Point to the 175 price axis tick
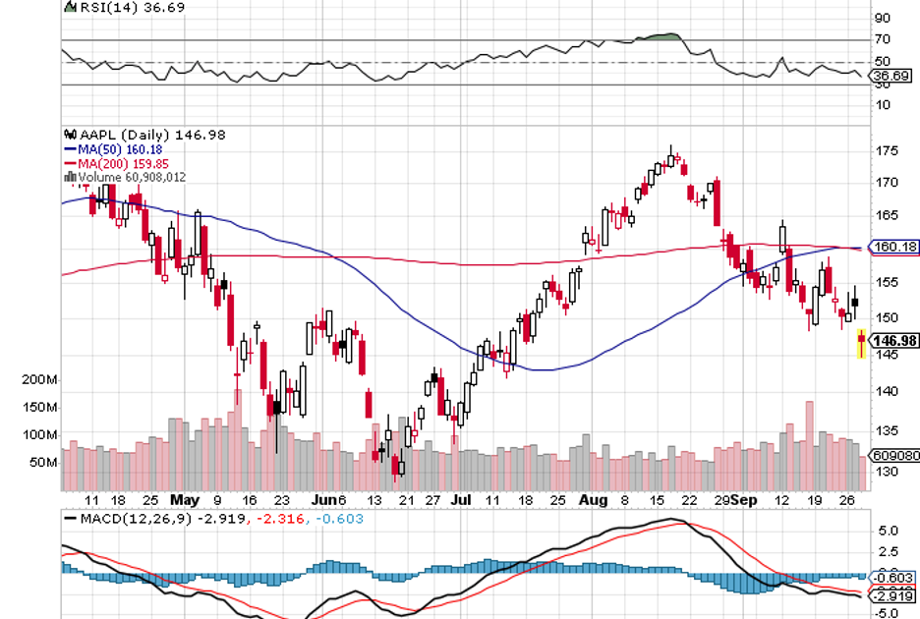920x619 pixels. coord(888,151)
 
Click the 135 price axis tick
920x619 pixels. coord(888,429)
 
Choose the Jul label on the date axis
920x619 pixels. coord(460,499)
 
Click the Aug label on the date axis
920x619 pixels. coord(595,499)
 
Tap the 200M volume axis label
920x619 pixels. coord(39,379)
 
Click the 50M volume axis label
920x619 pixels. coord(42,462)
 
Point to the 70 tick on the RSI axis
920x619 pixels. coord(883,39)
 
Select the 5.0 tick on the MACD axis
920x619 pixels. coord(888,530)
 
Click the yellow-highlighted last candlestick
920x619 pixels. coord(862,343)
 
